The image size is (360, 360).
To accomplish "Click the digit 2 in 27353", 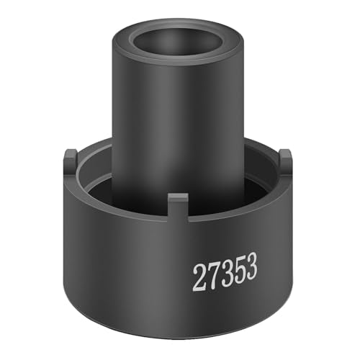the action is click(199, 278).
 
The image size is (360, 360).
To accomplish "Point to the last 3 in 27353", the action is click(251, 269).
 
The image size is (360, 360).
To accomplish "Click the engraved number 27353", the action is click(225, 274).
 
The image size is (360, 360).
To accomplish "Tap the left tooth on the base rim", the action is click(71, 160).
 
